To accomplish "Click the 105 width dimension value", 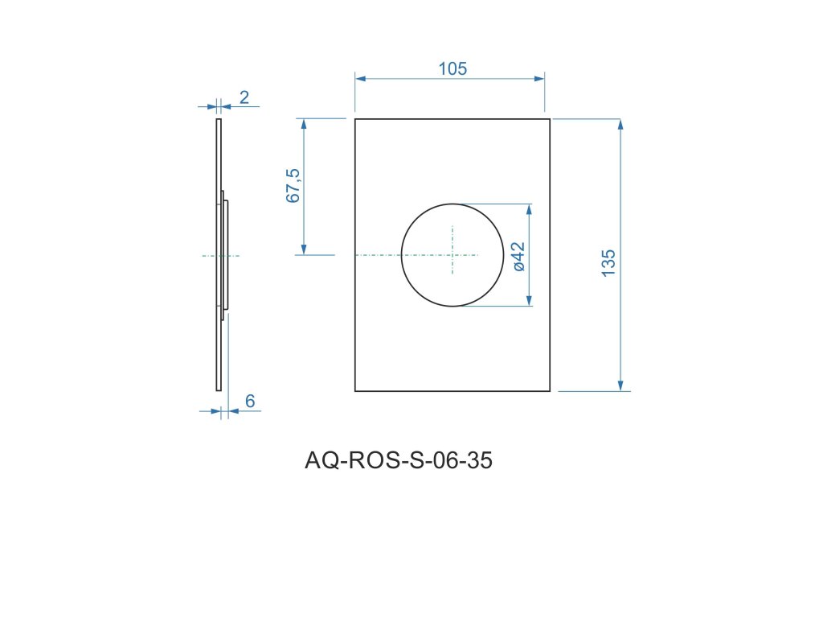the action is tap(452, 69).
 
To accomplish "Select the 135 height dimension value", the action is tap(608, 263).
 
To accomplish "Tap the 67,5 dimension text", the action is tap(293, 186).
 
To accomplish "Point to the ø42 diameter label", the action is tap(518, 257).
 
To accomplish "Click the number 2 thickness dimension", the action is tap(244, 97).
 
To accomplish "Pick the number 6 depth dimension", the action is tap(250, 401).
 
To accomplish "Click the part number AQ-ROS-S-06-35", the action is tap(399, 460).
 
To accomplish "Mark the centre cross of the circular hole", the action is tap(452, 255).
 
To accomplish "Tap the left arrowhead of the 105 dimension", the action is tap(360, 79).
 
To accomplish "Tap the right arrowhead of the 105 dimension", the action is tap(539, 79).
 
